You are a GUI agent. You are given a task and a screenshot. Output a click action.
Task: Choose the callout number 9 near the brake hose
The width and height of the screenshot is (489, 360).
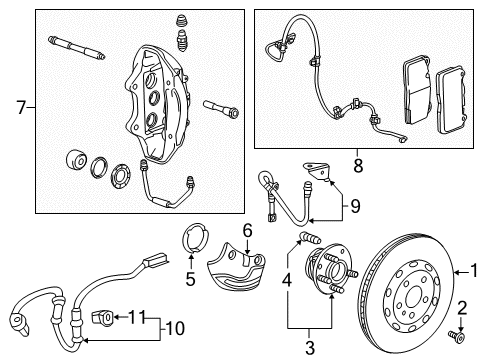coord(352,208)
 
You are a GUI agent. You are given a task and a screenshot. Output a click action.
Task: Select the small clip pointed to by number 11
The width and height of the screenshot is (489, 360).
coord(100,318)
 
